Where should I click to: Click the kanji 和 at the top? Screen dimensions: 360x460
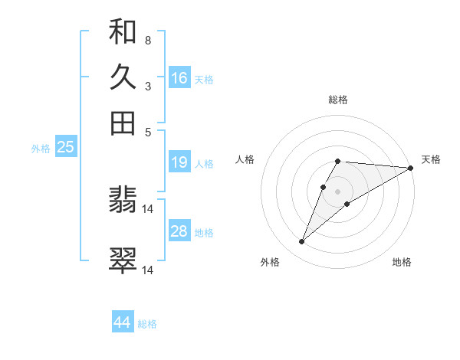[123, 33]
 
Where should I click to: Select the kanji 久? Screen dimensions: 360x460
[123, 78]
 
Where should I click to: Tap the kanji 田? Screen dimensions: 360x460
[123, 123]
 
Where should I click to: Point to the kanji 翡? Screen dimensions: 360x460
[123, 201]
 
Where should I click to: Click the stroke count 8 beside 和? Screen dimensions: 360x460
[147, 40]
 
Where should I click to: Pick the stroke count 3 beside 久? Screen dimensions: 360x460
[147, 86]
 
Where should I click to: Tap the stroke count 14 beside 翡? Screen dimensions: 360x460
[148, 208]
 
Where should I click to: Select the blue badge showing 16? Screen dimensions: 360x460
[179, 78]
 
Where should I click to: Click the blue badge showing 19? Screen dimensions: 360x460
[179, 162]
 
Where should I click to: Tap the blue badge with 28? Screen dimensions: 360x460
[179, 231]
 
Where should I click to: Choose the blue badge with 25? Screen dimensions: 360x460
[65, 147]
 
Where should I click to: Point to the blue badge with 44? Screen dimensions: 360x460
[122, 322]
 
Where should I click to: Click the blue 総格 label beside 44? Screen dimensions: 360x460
[147, 324]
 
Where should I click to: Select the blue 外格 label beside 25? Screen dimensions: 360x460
[41, 149]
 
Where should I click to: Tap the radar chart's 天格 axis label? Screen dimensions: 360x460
[431, 159]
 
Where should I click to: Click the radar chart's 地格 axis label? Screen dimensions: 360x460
[402, 262]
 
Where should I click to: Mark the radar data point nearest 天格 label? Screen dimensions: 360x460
[410, 168]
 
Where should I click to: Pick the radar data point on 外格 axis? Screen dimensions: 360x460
[302, 242]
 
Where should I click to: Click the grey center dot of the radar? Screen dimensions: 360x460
[338, 191]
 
